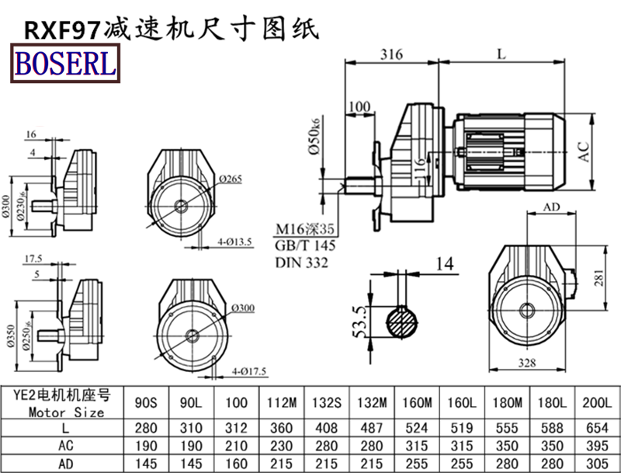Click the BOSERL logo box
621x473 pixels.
point(64,63)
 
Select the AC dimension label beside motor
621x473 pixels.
point(588,150)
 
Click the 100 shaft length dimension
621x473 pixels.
point(359,106)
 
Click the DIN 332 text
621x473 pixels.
point(302,263)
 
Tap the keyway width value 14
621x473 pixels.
point(443,264)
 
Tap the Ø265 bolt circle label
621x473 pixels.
point(231,179)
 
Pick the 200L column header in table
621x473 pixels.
point(598,402)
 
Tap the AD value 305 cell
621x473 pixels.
point(598,463)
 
